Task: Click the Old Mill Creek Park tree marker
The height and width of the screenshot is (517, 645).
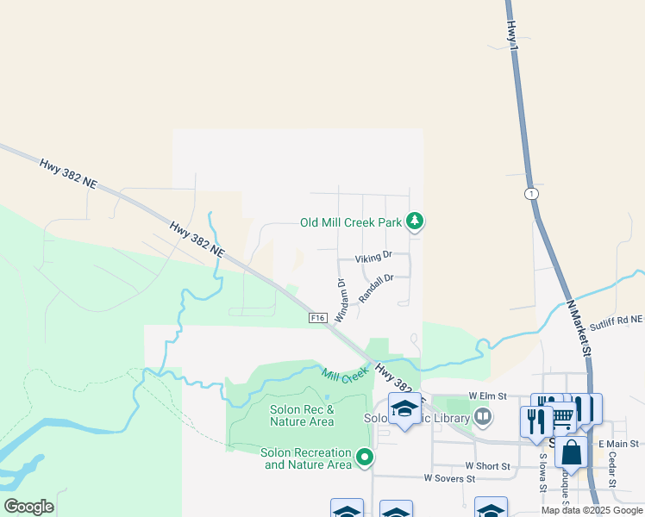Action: (x=415, y=222)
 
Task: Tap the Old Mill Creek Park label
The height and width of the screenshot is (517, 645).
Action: (x=351, y=222)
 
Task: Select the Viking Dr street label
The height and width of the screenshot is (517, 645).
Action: (x=374, y=256)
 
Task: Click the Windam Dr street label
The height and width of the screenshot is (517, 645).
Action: (x=341, y=300)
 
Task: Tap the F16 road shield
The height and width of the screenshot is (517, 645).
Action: (x=318, y=318)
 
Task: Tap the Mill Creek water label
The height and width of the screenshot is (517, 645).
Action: (x=345, y=375)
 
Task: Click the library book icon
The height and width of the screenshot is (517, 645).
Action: (x=484, y=419)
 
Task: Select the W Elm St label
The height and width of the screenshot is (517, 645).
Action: (x=486, y=395)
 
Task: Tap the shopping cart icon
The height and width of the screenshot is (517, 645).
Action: (x=561, y=416)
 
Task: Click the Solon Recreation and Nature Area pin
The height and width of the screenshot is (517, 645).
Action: (x=365, y=457)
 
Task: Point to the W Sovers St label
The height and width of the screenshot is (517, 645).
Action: (x=449, y=478)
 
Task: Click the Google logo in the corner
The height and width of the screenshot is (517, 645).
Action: (x=28, y=507)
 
